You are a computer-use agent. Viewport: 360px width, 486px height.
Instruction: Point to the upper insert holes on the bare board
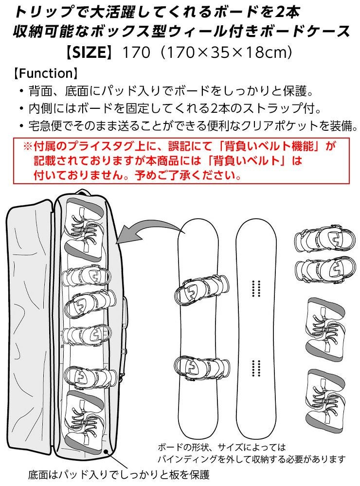256,288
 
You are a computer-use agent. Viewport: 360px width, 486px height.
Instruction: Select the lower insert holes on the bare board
256,368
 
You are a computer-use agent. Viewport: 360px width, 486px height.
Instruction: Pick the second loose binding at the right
325,269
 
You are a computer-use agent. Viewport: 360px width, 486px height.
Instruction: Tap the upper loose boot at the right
325,330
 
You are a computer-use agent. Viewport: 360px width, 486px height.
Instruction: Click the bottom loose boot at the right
325,401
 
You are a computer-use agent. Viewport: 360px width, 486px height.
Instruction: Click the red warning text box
181,161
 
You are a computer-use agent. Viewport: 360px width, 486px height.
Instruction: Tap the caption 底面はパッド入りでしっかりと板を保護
119,474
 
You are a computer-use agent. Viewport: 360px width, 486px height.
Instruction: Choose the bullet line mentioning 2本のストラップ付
170,108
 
